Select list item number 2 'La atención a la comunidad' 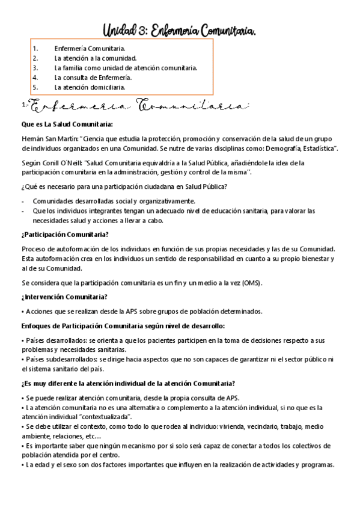[95, 58]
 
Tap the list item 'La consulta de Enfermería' [93, 78]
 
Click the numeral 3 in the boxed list [35, 68]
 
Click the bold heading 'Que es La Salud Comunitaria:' [66, 124]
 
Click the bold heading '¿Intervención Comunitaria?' [64, 296]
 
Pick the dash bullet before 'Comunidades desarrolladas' [23, 201]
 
